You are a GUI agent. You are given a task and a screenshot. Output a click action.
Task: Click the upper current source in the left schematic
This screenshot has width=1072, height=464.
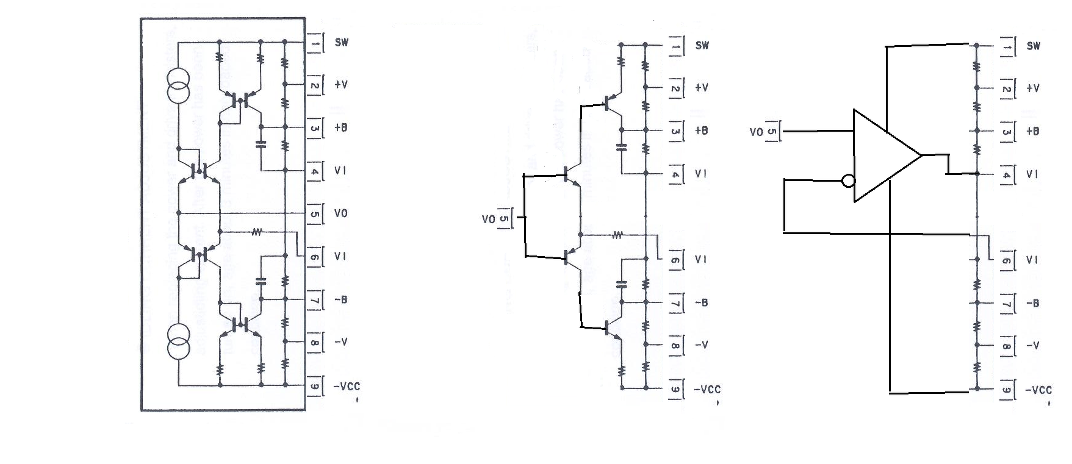[179, 86]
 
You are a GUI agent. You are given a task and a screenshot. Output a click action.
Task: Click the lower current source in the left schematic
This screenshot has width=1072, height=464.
[179, 342]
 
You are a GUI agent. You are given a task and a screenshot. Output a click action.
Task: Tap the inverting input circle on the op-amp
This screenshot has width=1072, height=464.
[848, 180]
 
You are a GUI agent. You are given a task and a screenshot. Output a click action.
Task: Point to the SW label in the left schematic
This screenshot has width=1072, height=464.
[342, 43]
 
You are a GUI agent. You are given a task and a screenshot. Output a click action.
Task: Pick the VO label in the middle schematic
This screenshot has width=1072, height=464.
[488, 218]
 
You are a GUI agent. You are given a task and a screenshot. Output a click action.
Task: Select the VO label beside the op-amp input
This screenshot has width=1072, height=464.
[756, 132]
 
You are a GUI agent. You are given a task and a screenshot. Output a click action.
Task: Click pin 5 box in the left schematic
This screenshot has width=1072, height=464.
[314, 214]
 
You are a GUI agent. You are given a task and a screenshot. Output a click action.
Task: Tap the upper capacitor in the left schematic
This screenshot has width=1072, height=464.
[261, 145]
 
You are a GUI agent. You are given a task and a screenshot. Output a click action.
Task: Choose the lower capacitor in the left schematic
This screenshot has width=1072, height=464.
[261, 281]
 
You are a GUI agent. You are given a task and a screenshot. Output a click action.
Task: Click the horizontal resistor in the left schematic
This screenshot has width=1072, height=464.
[257, 232]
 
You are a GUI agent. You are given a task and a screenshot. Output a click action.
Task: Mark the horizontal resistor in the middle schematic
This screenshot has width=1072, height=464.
[617, 234]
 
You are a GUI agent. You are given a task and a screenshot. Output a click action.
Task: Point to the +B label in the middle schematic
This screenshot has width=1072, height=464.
[702, 131]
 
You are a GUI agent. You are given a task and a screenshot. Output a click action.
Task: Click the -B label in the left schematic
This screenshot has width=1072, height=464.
[341, 299]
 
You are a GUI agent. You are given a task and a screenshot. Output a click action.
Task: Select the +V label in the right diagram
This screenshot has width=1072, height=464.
[1033, 88]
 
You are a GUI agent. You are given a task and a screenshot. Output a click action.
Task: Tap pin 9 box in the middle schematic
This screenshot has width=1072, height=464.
[675, 390]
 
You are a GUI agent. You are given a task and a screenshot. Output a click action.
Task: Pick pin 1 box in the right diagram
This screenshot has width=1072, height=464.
[1007, 46]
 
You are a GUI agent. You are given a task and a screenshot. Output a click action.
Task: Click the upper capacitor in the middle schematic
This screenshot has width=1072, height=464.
[622, 147]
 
